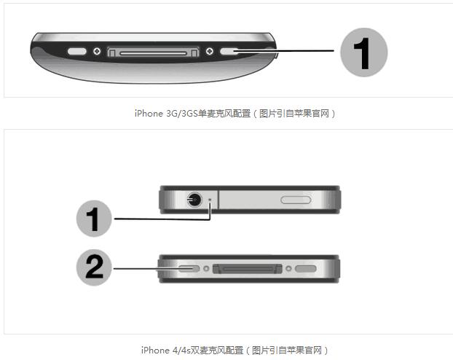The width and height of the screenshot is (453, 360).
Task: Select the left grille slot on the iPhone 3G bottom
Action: point(77,52)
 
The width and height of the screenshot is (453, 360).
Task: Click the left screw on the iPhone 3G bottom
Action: point(97,52)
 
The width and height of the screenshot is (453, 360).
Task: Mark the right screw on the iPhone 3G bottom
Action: point(209,52)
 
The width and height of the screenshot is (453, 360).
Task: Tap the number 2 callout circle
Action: point(95,268)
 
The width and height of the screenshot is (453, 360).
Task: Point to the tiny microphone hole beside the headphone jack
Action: point(210,199)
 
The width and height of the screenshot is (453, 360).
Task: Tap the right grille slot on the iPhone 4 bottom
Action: point(306,268)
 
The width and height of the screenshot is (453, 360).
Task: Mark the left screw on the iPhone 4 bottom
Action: point(206,268)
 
